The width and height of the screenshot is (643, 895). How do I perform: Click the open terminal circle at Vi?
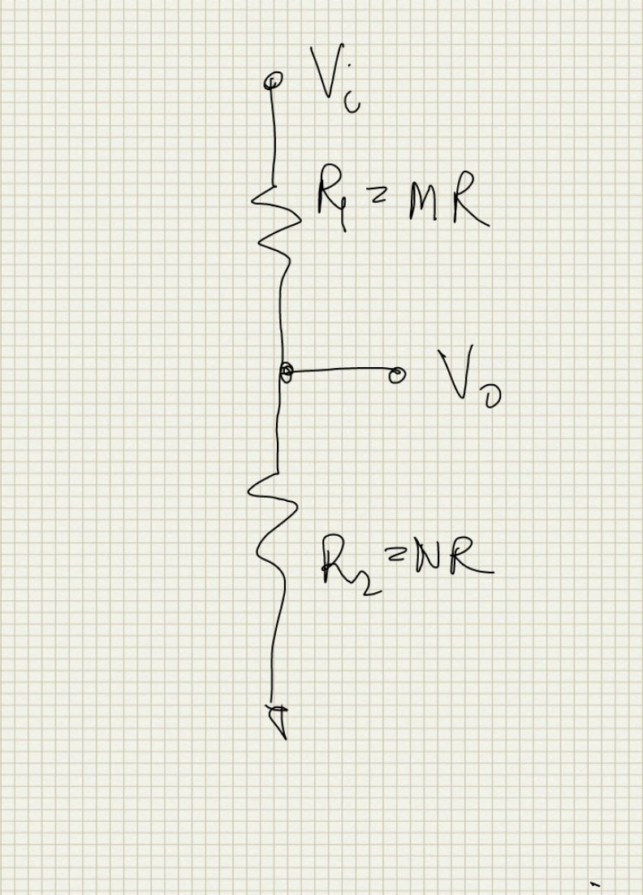click(x=274, y=80)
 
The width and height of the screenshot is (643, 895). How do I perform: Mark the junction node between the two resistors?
click(x=285, y=372)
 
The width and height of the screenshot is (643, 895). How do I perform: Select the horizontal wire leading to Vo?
click(x=341, y=371)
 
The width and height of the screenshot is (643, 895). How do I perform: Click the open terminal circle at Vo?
click(x=397, y=374)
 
